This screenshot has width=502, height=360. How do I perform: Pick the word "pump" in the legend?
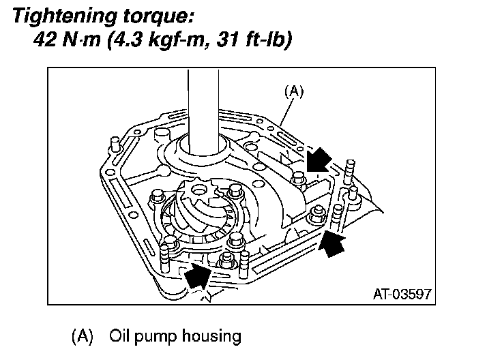point(156,336)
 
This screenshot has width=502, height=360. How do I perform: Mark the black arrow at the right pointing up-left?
point(331,241)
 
